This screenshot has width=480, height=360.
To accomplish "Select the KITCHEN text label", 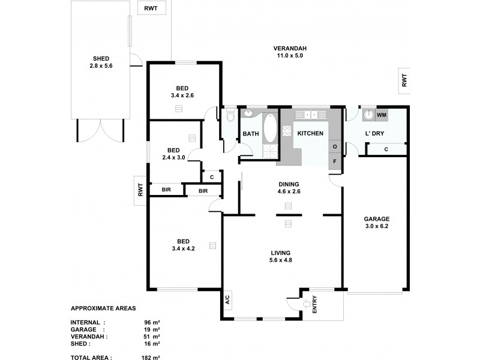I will point(311,133).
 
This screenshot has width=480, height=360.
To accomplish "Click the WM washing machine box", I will point(382,114).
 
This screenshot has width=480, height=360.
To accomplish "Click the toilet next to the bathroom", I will point(230,116).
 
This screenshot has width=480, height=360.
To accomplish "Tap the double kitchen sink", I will point(312,114).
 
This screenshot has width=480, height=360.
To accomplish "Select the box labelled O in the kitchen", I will point(335,146).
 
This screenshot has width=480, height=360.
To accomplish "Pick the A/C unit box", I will point(228,300).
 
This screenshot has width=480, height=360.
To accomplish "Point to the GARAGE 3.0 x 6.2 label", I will point(377,223).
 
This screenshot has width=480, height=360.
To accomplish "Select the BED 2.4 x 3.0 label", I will point(173,154).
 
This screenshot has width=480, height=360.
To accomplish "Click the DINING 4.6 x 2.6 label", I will point(288,188).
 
